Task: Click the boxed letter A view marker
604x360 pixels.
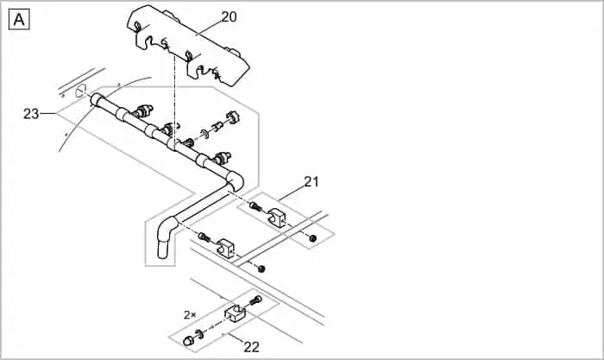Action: tap(19, 19)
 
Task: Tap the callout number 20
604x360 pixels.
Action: tap(229, 16)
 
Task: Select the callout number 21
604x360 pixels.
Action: tap(311, 181)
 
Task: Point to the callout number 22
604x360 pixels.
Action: tap(252, 347)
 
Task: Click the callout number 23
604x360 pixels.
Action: tap(32, 113)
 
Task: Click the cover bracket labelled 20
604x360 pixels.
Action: tap(193, 43)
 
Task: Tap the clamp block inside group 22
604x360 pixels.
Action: tap(236, 314)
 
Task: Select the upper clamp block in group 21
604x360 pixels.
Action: tap(280, 218)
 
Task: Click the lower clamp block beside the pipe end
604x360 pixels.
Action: tap(227, 249)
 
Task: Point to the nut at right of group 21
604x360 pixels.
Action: tap(312, 237)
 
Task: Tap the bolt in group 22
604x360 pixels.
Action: tap(255, 300)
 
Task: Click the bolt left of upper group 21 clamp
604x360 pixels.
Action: tap(255, 207)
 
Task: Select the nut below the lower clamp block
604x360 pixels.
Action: tap(261, 268)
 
